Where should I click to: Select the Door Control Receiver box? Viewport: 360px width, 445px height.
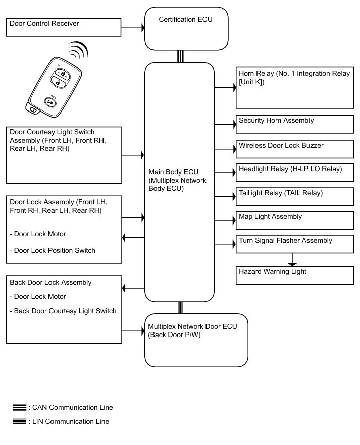(x=64, y=27)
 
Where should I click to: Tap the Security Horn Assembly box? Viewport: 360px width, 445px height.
(x=295, y=124)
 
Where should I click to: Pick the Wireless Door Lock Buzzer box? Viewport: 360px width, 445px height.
(x=295, y=149)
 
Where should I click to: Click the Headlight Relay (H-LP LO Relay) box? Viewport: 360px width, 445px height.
(x=295, y=172)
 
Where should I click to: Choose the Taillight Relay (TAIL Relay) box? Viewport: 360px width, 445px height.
(x=295, y=196)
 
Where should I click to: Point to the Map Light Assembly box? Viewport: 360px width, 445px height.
(x=295, y=220)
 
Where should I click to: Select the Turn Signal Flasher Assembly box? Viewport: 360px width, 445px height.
(x=295, y=244)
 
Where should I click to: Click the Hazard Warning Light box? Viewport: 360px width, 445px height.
(x=295, y=275)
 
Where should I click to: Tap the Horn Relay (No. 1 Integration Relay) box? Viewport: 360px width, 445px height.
(x=295, y=87)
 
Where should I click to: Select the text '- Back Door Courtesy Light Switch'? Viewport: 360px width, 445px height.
(x=63, y=311)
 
